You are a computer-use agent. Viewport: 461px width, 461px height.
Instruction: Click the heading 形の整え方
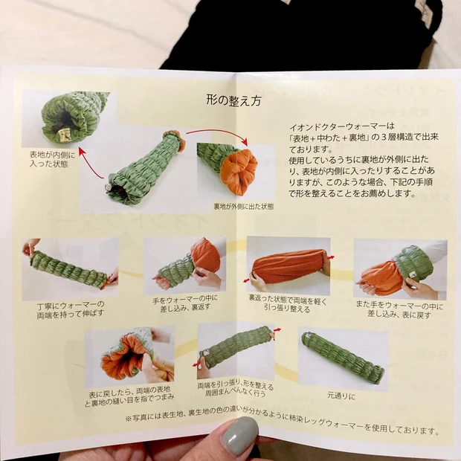click(x=233, y=100)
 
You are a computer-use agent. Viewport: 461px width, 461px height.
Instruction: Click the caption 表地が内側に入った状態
click(x=52, y=159)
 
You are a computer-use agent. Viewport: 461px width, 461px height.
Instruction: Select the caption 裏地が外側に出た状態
click(x=243, y=207)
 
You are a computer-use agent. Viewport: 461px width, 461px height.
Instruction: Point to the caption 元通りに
click(x=341, y=396)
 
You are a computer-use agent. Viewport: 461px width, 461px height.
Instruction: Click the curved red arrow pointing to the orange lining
click(x=218, y=132)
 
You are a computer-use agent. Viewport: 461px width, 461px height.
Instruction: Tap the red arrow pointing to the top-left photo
click(x=90, y=163)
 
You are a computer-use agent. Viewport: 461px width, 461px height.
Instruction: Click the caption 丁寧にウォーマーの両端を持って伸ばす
click(x=71, y=309)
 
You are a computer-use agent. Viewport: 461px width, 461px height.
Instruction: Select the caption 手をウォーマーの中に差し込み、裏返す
click(x=185, y=303)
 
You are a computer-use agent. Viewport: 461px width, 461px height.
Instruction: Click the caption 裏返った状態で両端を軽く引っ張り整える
click(x=288, y=303)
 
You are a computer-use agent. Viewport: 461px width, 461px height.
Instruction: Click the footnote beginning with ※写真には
click(x=283, y=422)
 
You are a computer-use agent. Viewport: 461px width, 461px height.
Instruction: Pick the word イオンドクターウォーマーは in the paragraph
click(x=341, y=126)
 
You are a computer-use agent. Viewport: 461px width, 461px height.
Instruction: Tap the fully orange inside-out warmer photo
click(x=288, y=266)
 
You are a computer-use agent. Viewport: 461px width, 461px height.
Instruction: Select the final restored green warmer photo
click(x=344, y=358)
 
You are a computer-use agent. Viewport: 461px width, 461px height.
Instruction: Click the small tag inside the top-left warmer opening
click(x=63, y=135)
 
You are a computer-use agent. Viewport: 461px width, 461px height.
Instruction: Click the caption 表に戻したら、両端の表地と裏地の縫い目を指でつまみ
click(x=129, y=397)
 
